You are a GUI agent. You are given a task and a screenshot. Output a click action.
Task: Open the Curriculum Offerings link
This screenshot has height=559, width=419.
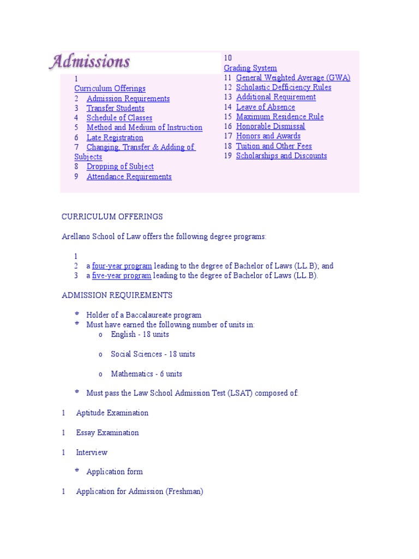click(110, 88)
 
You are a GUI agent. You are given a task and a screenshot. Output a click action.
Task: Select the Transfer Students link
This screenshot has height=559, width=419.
click(115, 108)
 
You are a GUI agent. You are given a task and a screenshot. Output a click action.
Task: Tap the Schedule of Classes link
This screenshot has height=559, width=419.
click(119, 118)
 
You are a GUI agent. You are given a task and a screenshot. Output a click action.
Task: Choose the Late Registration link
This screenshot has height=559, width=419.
click(115, 138)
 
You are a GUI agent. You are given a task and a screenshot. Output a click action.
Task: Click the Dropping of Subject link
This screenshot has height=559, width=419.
click(120, 166)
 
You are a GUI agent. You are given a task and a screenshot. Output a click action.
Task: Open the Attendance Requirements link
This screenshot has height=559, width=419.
click(129, 176)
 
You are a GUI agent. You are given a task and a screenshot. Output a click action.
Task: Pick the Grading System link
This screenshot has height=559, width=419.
click(250, 68)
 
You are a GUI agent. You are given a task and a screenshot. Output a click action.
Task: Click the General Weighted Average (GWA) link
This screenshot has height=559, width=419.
click(293, 78)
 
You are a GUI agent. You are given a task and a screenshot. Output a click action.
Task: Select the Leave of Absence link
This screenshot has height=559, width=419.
click(265, 107)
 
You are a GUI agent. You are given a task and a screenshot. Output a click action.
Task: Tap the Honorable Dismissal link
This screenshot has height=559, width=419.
click(270, 126)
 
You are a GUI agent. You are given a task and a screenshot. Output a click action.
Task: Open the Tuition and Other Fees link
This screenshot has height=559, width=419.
click(274, 146)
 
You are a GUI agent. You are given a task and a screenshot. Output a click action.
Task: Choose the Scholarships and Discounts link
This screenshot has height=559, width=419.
click(281, 156)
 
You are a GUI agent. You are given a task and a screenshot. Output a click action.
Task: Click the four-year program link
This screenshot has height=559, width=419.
click(122, 266)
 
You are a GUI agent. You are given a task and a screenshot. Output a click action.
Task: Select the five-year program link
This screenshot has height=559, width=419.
click(121, 276)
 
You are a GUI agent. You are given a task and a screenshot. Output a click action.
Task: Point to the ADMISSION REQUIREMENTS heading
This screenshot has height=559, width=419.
click(117, 295)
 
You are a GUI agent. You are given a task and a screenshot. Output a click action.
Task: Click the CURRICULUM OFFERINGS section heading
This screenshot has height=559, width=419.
click(112, 217)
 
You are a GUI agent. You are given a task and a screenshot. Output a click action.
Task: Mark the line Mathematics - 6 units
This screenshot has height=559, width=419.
click(146, 374)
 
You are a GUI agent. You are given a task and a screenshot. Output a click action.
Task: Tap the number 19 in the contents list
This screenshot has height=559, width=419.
click(228, 156)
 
